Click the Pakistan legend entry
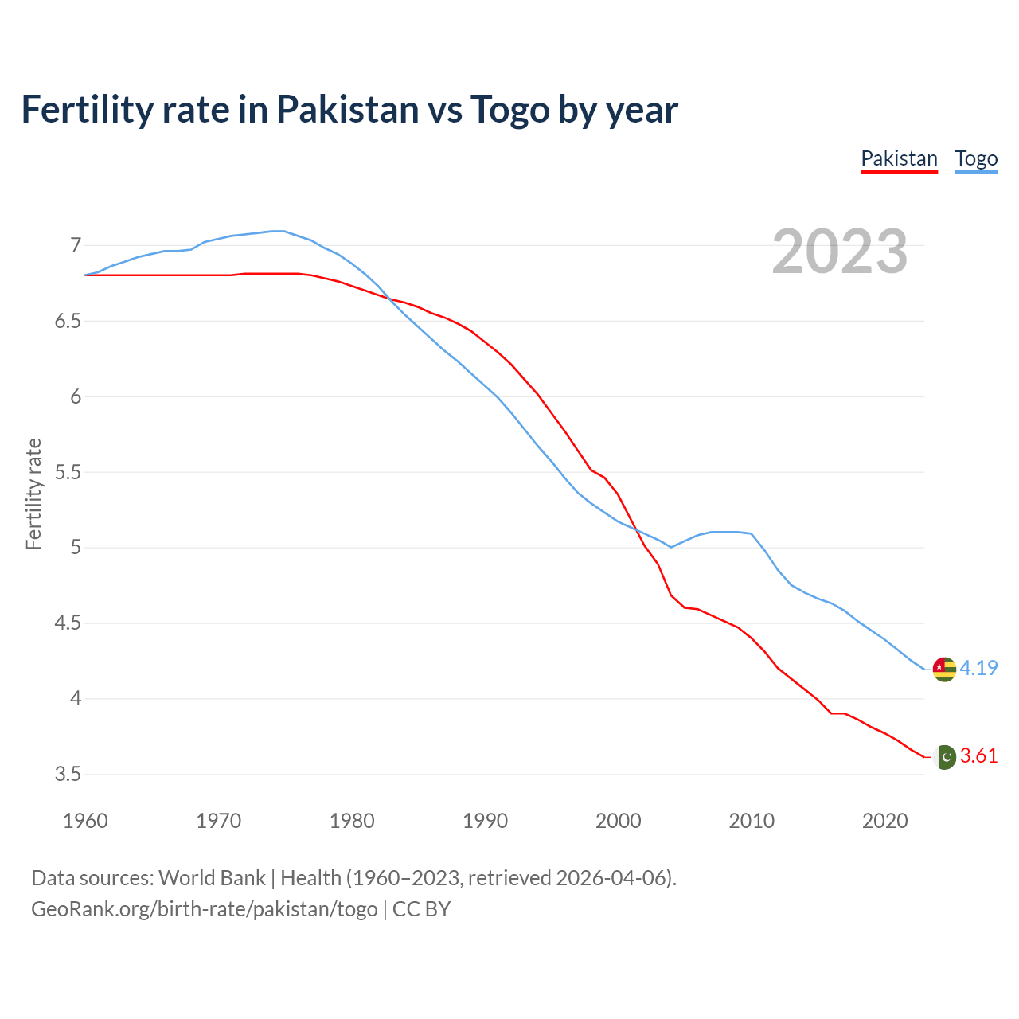(x=899, y=158)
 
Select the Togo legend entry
(x=976, y=158)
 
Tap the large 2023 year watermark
(x=840, y=252)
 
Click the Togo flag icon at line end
(x=944, y=669)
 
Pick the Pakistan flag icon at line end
(x=944, y=756)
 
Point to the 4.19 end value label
(x=978, y=668)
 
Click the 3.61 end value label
(x=978, y=755)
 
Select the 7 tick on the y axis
(x=76, y=245)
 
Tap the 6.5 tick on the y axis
(x=68, y=321)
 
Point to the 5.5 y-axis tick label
(x=68, y=472)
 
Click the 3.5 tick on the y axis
(x=68, y=774)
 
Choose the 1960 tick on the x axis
(x=85, y=821)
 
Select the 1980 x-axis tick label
(x=352, y=821)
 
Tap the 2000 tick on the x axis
(x=619, y=821)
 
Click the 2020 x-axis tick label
(x=884, y=821)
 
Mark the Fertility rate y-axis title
(x=33, y=494)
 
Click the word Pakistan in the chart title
(x=347, y=109)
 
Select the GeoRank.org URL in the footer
(x=204, y=908)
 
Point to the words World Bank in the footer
(x=212, y=877)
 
